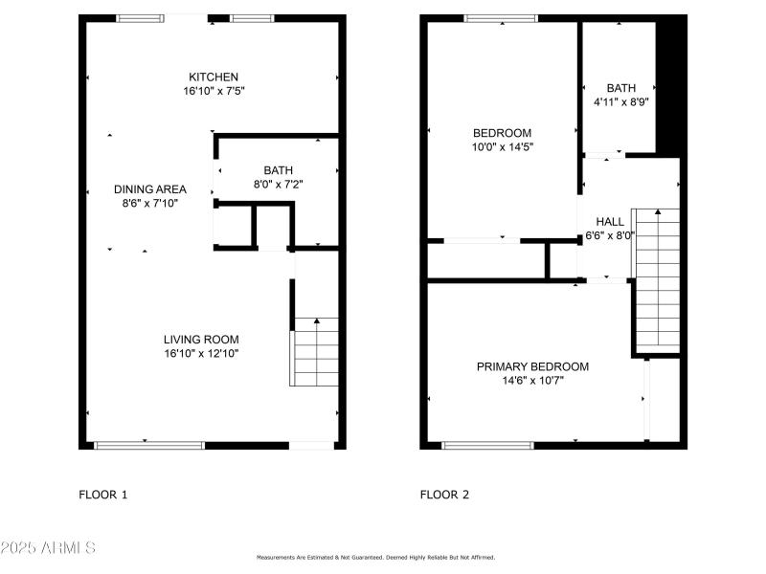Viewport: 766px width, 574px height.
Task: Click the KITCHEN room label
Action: coord(214,77)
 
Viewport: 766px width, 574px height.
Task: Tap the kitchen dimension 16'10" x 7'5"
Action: coord(214,92)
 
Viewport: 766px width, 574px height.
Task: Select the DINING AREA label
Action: coord(150,189)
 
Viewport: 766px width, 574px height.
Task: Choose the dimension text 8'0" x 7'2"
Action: coord(278,184)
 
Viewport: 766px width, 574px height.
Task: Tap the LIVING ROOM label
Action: coord(201,340)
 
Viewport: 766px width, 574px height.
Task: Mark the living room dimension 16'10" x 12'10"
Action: coord(201,354)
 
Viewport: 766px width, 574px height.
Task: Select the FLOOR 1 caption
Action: coord(102,495)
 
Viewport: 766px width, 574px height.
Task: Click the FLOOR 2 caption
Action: coord(444,495)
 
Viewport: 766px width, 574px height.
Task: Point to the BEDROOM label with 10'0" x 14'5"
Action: coord(502,133)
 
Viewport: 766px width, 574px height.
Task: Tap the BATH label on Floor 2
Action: coord(620,88)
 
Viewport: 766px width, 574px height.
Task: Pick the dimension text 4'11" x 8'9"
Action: coord(620,101)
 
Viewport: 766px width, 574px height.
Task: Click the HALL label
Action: coord(610,221)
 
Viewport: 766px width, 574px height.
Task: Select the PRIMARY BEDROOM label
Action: coord(532,366)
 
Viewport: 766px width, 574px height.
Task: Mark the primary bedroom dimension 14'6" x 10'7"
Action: coord(532,381)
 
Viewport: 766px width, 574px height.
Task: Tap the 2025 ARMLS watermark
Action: coord(48,548)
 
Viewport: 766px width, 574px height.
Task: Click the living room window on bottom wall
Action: coord(149,445)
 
